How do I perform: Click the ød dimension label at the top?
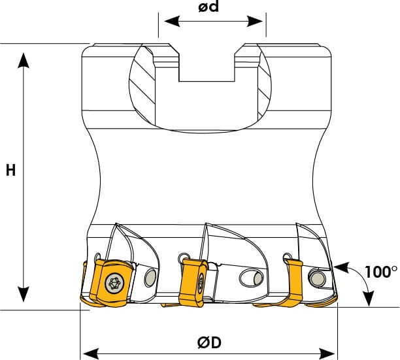point(208,7)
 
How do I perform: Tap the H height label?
point(10,171)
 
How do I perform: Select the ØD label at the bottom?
point(209,342)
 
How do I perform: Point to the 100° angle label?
point(381,272)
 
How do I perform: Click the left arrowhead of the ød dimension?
point(171,21)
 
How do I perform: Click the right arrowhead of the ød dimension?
point(255,21)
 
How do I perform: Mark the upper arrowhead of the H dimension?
point(24,60)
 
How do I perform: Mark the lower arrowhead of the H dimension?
point(24,294)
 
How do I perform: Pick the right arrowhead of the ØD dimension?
point(327,354)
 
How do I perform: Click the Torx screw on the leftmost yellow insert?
point(114,283)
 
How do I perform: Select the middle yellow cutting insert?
point(193,282)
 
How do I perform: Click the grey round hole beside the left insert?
point(150,278)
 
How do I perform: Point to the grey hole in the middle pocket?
point(259,278)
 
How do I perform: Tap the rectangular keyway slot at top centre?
point(207,67)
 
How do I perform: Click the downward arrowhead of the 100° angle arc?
point(369,299)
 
